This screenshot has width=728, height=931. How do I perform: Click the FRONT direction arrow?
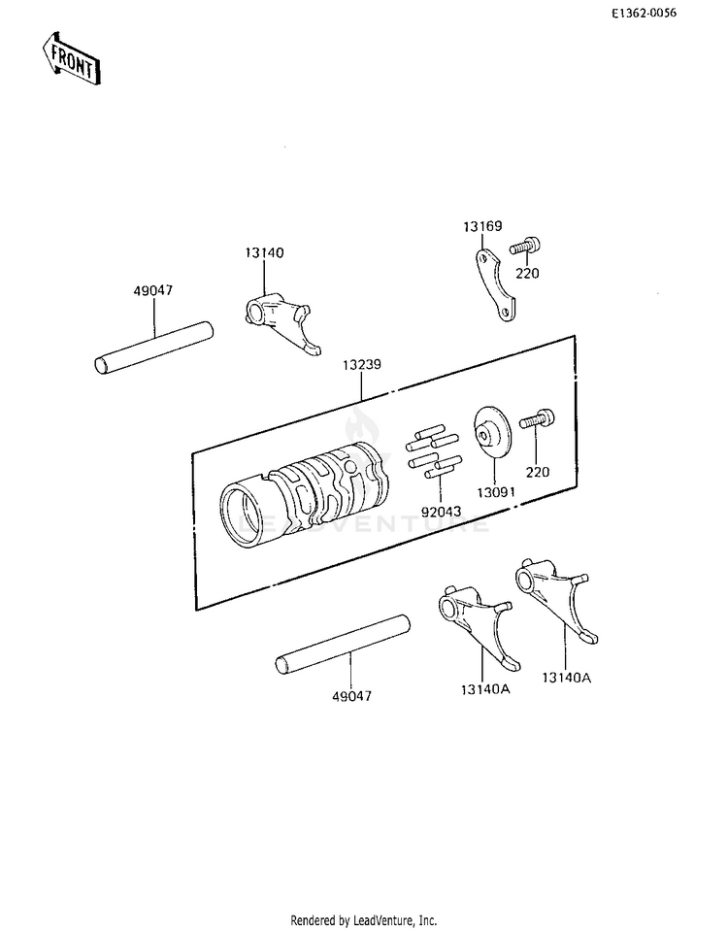coord(71,59)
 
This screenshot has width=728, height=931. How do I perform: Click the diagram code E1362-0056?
coord(645,13)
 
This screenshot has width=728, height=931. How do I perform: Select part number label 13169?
coord(482,226)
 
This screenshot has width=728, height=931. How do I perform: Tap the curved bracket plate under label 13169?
coord(495,285)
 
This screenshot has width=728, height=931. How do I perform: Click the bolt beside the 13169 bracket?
coord(525,246)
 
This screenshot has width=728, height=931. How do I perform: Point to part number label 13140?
coord(264,252)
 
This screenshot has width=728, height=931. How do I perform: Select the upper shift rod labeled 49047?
coord(153,348)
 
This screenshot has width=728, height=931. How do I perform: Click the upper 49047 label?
coord(152,290)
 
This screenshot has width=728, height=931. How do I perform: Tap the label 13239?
coord(361,364)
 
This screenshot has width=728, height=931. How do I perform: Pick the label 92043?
coord(441,511)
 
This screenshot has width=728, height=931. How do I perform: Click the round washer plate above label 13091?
coord(492,432)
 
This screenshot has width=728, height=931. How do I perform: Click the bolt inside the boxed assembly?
coord(537,418)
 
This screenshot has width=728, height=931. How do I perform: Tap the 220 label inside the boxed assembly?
coord(537,472)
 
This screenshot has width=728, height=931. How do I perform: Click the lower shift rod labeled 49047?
coord(344,645)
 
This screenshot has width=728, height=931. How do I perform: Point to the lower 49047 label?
coord(351,696)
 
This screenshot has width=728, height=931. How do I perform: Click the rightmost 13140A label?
coord(567,678)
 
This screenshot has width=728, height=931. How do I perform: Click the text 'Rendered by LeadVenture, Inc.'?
coord(363,920)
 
